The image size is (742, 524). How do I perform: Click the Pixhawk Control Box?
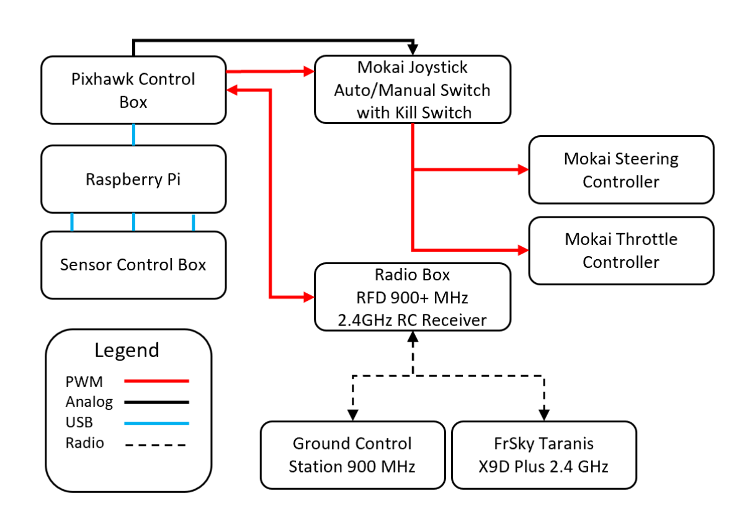point(133,90)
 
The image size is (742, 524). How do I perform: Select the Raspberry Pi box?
point(133,179)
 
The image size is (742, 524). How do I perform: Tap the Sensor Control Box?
point(133,265)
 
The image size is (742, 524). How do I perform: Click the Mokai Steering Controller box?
point(620,170)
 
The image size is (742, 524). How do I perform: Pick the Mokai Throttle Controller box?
point(620,251)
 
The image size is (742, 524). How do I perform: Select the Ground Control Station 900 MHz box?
point(352,455)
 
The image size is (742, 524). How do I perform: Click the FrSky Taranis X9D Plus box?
point(543,455)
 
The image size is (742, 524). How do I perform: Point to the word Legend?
point(127,350)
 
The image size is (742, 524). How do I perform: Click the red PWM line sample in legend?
point(156,381)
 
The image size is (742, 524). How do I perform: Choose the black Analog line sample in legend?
point(156,402)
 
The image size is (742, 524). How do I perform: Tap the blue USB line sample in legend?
point(156,423)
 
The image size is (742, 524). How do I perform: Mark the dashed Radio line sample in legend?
point(156,444)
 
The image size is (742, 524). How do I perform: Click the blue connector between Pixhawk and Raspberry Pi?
point(133,134)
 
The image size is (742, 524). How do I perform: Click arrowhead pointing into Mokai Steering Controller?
point(523,169)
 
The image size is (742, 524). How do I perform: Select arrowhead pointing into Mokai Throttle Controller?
point(523,250)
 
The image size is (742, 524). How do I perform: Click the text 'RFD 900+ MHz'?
point(413,298)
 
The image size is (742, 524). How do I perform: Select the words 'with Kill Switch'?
point(413,112)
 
